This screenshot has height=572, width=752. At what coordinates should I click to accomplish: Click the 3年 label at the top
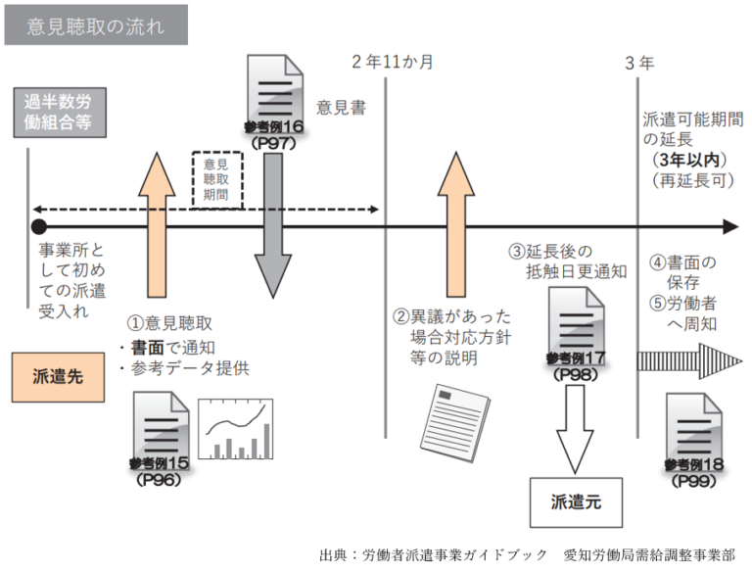639,63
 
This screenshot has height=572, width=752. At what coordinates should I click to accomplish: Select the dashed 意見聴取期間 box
217,179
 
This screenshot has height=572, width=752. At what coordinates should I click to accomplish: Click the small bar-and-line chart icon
234,429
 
